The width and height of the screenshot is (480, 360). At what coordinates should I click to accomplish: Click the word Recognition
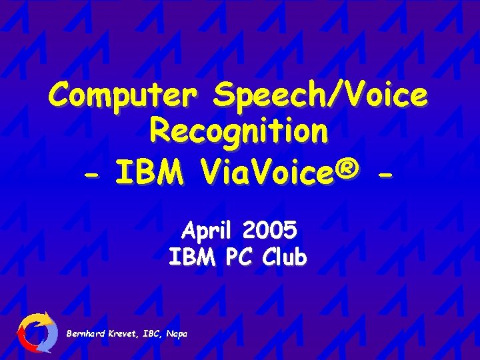coord(239,131)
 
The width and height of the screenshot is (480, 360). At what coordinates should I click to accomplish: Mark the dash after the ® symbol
coord(384,175)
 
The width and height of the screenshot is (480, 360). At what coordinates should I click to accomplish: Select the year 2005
coord(270,231)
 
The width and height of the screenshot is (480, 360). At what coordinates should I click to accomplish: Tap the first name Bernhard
coord(85,333)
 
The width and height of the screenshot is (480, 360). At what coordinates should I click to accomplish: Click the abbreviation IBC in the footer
coord(153,333)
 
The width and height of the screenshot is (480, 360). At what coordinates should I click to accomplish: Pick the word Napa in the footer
coord(177,333)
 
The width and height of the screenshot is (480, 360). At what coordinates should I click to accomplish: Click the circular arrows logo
coord(37,332)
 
